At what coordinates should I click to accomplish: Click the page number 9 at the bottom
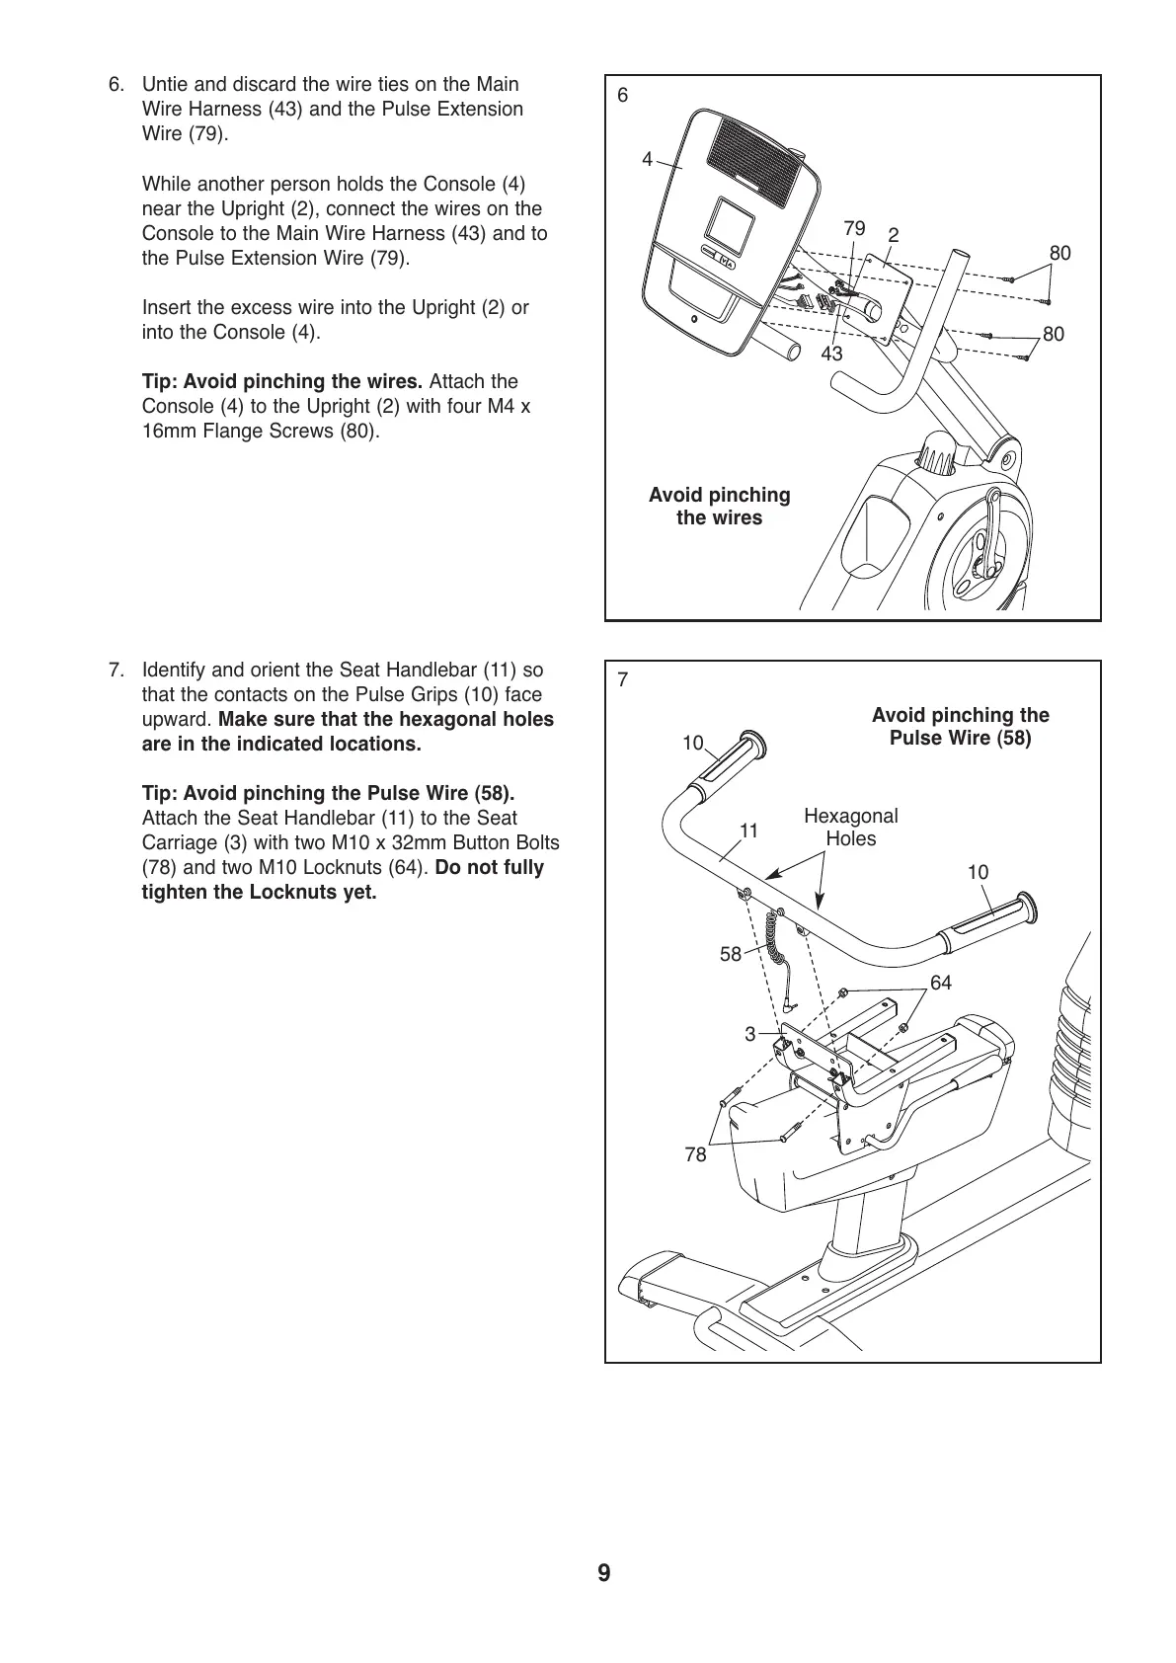click(603, 1573)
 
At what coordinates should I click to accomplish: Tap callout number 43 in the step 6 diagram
click(831, 353)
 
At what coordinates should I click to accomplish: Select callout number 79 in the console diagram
click(854, 228)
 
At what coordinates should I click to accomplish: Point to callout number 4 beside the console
click(647, 159)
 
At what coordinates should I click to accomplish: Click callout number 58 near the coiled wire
click(730, 954)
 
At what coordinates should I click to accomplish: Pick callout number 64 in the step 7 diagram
click(941, 982)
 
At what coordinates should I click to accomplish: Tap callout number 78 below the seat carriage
click(695, 1154)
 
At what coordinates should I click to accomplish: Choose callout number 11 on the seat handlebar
click(748, 831)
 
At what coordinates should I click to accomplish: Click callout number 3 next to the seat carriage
click(749, 1034)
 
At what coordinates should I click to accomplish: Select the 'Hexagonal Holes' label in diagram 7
click(850, 828)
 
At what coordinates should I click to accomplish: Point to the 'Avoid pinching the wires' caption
click(719, 507)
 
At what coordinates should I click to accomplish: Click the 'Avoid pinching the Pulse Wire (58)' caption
click(960, 727)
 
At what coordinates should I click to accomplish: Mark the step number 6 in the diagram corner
click(622, 95)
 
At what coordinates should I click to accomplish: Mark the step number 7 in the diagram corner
click(622, 679)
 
